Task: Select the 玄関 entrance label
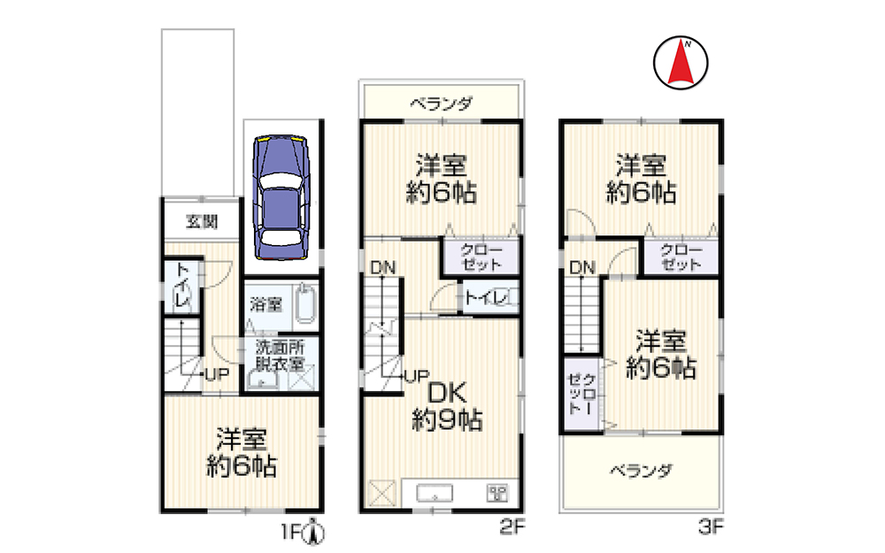pos(200,222)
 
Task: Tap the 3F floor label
pos(711,528)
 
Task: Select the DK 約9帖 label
pos(447,406)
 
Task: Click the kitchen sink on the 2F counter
pos(435,494)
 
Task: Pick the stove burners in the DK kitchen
pos(496,494)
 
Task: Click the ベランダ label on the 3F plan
pos(642,471)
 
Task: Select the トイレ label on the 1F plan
pos(181,287)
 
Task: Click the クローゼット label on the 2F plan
pos(481,256)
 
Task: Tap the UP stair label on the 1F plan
pos(217,374)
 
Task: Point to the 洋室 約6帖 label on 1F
pos(241,452)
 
